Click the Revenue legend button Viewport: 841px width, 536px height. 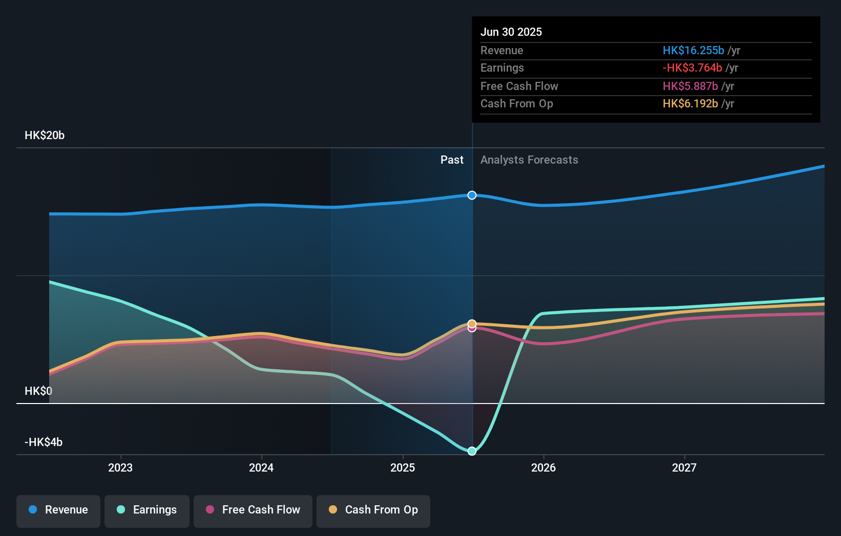tap(58, 510)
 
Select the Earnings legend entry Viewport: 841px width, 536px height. tap(147, 510)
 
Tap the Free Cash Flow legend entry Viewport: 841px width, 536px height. tap(253, 510)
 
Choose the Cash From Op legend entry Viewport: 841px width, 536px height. tap(373, 510)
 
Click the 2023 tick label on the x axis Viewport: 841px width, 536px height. tap(120, 467)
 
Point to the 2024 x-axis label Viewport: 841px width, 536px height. tap(261, 467)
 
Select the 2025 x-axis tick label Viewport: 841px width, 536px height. tap(403, 467)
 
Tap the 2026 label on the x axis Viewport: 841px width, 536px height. tap(543, 467)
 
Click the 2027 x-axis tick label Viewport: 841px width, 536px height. tap(684, 467)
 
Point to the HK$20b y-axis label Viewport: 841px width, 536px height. tap(45, 136)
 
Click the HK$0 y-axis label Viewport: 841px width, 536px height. tap(38, 391)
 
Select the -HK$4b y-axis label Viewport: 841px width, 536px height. tap(44, 442)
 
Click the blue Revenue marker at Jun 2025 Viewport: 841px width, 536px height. tap(472, 195)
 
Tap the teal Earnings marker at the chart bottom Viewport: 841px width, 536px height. tap(472, 451)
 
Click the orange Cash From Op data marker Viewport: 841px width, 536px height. tap(472, 323)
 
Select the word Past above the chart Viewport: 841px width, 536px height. tap(452, 160)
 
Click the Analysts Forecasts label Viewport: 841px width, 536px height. tap(529, 160)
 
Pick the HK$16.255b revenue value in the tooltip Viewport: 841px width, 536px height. tap(693, 51)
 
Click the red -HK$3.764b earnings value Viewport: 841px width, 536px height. tap(692, 68)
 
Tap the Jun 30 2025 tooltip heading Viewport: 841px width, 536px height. tap(511, 32)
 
